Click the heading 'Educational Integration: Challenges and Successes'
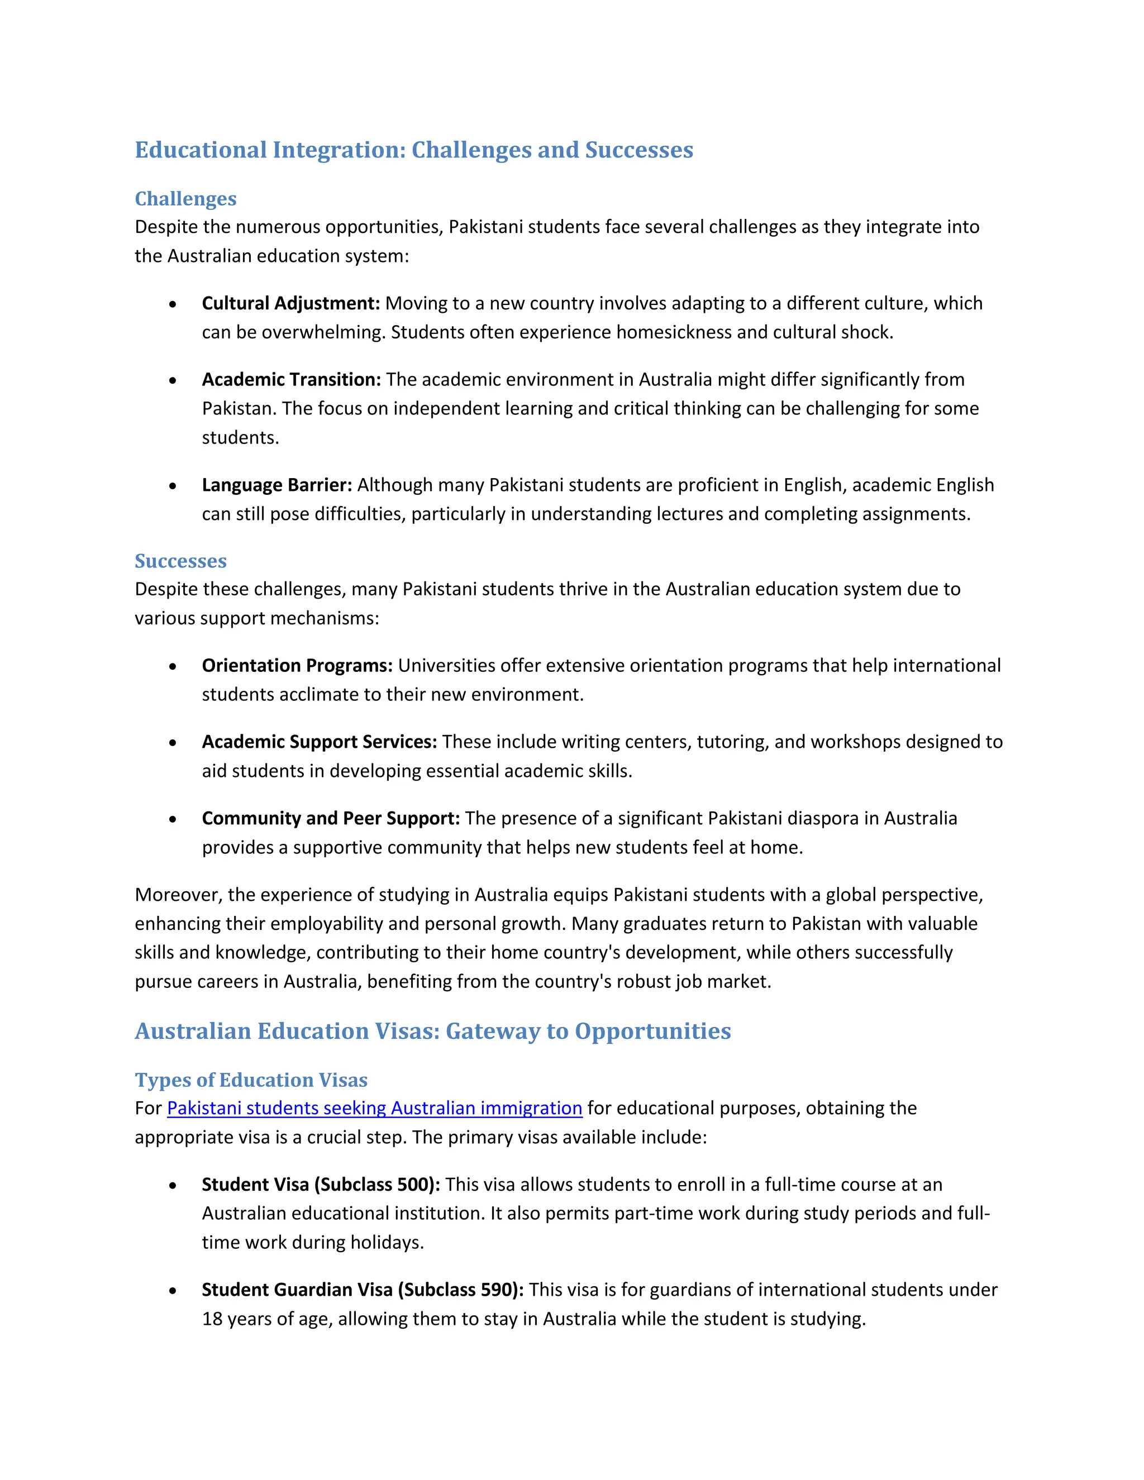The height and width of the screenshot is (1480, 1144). (x=413, y=150)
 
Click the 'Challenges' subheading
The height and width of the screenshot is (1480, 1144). (x=185, y=199)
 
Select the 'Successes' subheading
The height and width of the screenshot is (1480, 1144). (x=180, y=561)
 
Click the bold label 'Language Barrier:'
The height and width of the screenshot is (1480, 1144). (x=277, y=485)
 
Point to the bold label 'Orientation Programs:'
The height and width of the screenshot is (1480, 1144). (x=297, y=666)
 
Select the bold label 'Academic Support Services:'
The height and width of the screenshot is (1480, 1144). (x=319, y=742)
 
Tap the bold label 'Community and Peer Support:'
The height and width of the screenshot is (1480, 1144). (x=331, y=819)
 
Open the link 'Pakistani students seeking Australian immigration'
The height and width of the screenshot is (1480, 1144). (x=374, y=1108)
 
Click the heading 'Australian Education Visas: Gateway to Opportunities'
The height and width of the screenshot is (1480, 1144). (x=432, y=1032)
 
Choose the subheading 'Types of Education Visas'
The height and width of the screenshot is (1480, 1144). (x=251, y=1080)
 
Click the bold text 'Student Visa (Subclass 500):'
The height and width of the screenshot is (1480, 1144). (x=321, y=1185)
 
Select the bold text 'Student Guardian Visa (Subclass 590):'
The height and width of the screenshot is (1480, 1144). (x=363, y=1290)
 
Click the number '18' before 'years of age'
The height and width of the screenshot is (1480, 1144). (x=212, y=1319)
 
